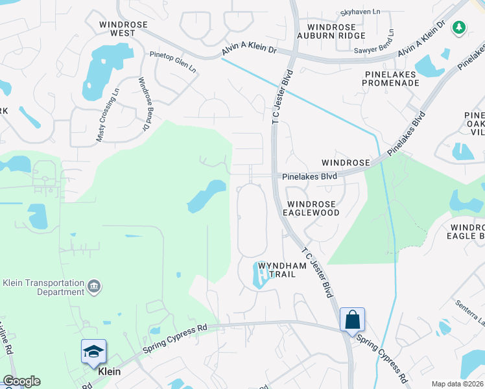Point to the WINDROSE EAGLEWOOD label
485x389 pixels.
[313, 208]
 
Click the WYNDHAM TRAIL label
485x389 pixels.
[277, 270]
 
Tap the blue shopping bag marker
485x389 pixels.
[352, 320]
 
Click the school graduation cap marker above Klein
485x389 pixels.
[93, 352]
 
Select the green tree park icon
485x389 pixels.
[459, 27]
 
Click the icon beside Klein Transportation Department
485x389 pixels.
[94, 286]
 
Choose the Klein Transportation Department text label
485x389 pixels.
[43, 287]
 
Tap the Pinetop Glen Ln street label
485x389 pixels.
[172, 62]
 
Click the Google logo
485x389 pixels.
[21, 381]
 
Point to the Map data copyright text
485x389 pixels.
[458, 384]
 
